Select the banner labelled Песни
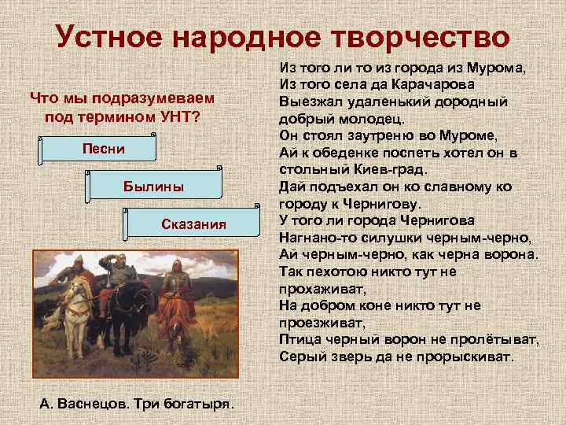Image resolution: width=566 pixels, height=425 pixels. (x=103, y=149)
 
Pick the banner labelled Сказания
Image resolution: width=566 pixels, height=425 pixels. (x=193, y=224)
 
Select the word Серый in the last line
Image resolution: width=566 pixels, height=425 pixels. (x=301, y=357)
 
